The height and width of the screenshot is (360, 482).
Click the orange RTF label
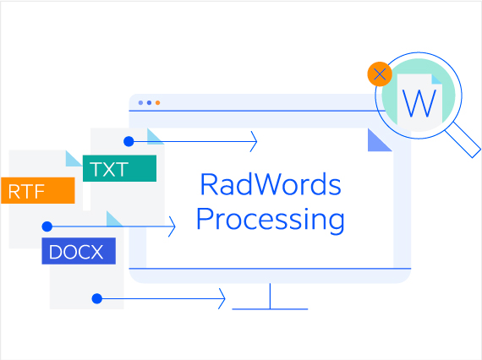click(x=38, y=192)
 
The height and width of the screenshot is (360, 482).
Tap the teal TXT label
click(x=119, y=168)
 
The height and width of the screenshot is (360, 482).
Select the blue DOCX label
click(x=78, y=251)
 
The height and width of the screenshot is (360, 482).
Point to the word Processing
click(x=270, y=220)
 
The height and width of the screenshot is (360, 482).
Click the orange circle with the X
click(x=380, y=74)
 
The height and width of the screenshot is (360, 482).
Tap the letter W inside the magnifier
click(x=420, y=104)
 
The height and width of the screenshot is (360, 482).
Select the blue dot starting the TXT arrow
click(x=129, y=141)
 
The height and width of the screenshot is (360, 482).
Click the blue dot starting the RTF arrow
click(x=47, y=226)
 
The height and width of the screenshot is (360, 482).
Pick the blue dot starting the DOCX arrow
click(x=97, y=298)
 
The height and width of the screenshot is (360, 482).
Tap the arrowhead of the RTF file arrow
click(x=173, y=226)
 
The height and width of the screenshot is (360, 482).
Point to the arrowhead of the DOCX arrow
click(x=222, y=298)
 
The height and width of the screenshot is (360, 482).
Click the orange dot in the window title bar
click(x=157, y=102)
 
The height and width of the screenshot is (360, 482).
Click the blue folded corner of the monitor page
click(x=378, y=141)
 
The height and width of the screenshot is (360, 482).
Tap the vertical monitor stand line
click(x=270, y=296)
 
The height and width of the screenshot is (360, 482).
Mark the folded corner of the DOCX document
click(x=113, y=220)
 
